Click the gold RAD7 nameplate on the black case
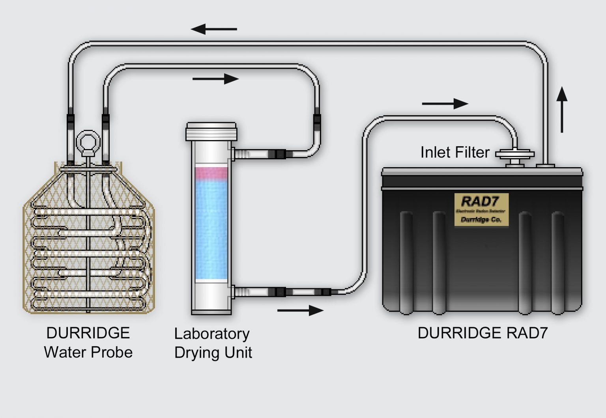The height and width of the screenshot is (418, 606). pos(481,209)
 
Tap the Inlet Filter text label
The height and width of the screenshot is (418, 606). pos(455,153)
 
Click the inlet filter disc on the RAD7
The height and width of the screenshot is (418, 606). pos(515,154)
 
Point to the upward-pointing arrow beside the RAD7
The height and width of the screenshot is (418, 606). pos(562,110)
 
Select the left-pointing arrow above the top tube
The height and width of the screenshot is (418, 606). pos(214,29)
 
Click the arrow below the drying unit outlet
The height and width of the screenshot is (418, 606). pos(300,310)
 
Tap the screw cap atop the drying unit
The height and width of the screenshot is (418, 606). pos(211,131)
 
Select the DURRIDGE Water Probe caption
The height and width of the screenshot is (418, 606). pos(88,343)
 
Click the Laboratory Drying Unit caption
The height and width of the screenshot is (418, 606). pos(213,343)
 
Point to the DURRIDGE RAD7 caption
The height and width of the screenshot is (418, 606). pos(483,333)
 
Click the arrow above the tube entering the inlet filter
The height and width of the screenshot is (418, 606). pos(445,104)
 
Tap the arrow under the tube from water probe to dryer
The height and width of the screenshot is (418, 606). pos(215,79)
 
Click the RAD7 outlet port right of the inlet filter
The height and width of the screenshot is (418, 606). pos(545,165)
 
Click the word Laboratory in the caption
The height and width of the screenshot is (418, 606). pos(212,334)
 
